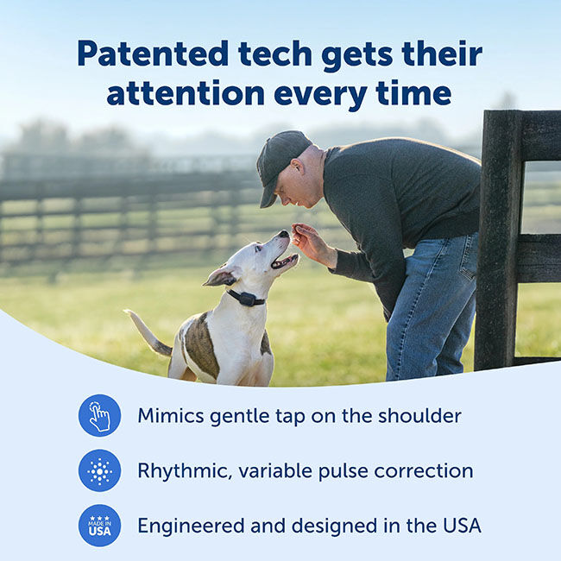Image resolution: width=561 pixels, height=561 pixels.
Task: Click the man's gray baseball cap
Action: (281, 155)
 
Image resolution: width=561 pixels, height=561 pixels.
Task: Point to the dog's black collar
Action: (245, 297)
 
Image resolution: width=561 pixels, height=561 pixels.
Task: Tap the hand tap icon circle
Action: (99, 416)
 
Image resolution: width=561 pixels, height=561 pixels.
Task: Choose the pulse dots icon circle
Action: (99, 471)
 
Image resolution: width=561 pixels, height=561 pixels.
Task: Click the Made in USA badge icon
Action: (99, 526)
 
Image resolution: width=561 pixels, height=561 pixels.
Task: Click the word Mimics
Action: (170, 416)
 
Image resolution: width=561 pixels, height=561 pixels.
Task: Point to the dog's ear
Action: (221, 277)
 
